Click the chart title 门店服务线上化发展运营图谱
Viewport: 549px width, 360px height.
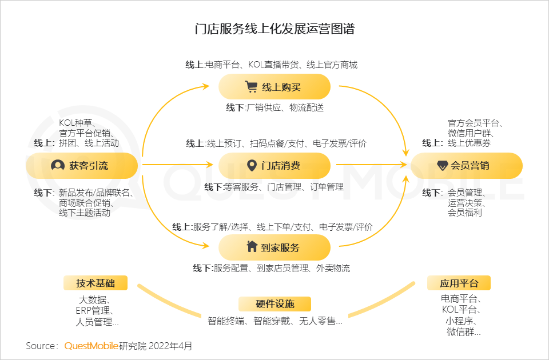tap(274, 29)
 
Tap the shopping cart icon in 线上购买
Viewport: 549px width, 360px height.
tap(251, 87)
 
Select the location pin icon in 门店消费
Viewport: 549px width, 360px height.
tap(251, 166)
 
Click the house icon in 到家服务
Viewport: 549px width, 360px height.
tap(252, 247)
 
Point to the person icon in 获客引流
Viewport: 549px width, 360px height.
tap(57, 166)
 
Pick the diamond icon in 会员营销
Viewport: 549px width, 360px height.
tap(442, 166)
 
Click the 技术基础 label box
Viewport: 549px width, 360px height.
tap(96, 283)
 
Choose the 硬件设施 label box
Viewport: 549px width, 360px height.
tap(274, 303)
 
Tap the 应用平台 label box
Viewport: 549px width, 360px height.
tap(459, 283)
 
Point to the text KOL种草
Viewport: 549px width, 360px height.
tap(77, 123)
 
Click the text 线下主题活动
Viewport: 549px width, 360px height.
tap(84, 213)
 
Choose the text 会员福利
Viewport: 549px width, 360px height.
tap(464, 212)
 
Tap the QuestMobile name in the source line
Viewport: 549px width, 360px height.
tap(91, 346)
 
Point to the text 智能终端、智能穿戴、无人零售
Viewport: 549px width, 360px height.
tap(274, 321)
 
